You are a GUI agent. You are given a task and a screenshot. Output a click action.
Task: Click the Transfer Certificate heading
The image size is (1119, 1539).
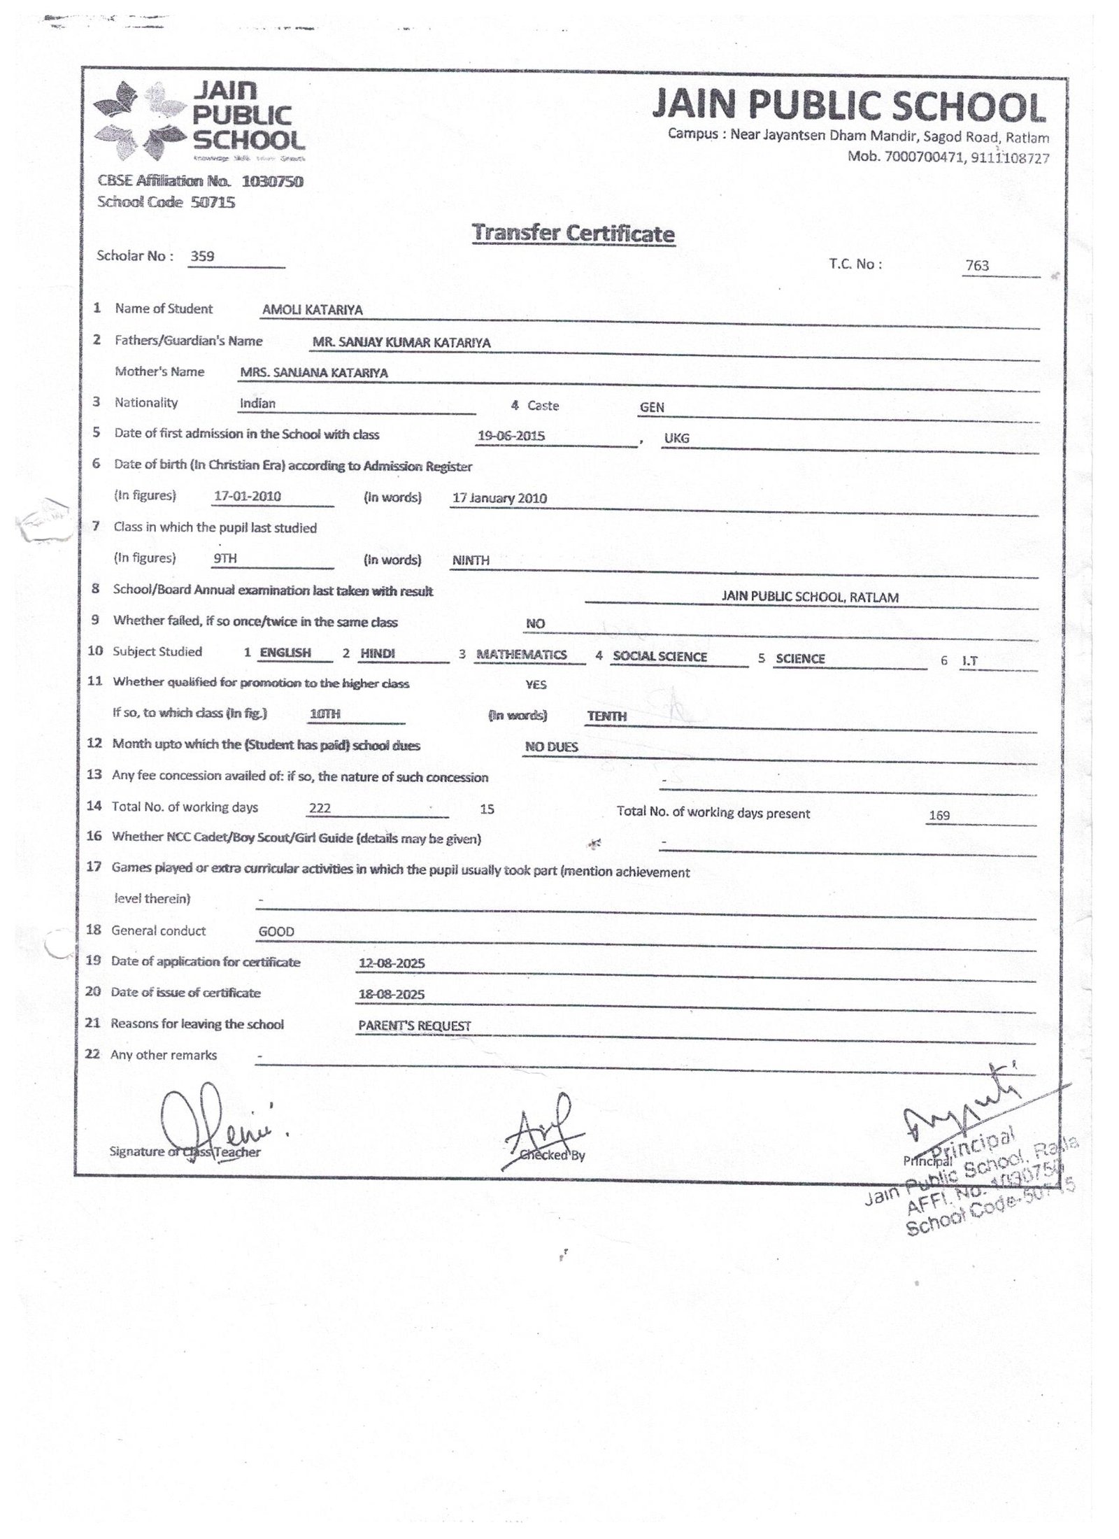[x=573, y=233]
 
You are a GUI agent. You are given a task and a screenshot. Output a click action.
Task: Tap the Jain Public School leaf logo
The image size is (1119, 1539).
[x=140, y=120]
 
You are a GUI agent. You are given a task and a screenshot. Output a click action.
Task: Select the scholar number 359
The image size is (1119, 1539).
[x=203, y=256]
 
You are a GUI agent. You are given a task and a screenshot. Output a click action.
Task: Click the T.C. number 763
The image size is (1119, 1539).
[x=977, y=265]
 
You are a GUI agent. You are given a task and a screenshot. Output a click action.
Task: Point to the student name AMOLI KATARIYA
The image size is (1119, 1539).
[x=313, y=310]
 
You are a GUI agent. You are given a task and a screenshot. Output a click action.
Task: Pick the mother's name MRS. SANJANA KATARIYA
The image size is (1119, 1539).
[x=313, y=373]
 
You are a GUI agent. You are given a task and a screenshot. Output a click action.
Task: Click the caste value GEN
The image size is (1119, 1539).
[x=652, y=407]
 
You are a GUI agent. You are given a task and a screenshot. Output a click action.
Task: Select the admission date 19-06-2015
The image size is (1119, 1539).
[x=511, y=436]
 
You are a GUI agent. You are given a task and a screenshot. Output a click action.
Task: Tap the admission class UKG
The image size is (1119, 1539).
[x=677, y=438]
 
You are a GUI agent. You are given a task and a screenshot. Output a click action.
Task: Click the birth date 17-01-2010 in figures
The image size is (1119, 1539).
[x=248, y=496]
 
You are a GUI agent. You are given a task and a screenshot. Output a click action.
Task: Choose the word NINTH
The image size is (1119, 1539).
[x=471, y=560]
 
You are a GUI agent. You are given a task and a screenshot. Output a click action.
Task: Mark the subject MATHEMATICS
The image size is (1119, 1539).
[x=521, y=655]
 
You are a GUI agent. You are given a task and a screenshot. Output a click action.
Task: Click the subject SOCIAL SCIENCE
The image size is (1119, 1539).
[x=660, y=657]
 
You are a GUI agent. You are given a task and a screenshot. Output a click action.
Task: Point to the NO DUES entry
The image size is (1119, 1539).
[x=552, y=747]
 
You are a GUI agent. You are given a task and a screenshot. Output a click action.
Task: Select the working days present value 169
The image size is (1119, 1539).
[x=939, y=815]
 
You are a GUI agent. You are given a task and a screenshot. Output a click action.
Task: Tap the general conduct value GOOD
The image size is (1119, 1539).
[x=276, y=932]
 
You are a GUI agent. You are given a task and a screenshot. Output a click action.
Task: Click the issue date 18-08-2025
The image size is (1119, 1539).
[x=391, y=995]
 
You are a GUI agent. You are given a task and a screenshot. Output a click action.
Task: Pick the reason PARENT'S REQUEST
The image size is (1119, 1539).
[x=415, y=1026]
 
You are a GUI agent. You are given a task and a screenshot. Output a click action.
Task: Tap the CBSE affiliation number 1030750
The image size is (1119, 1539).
[x=272, y=182]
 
